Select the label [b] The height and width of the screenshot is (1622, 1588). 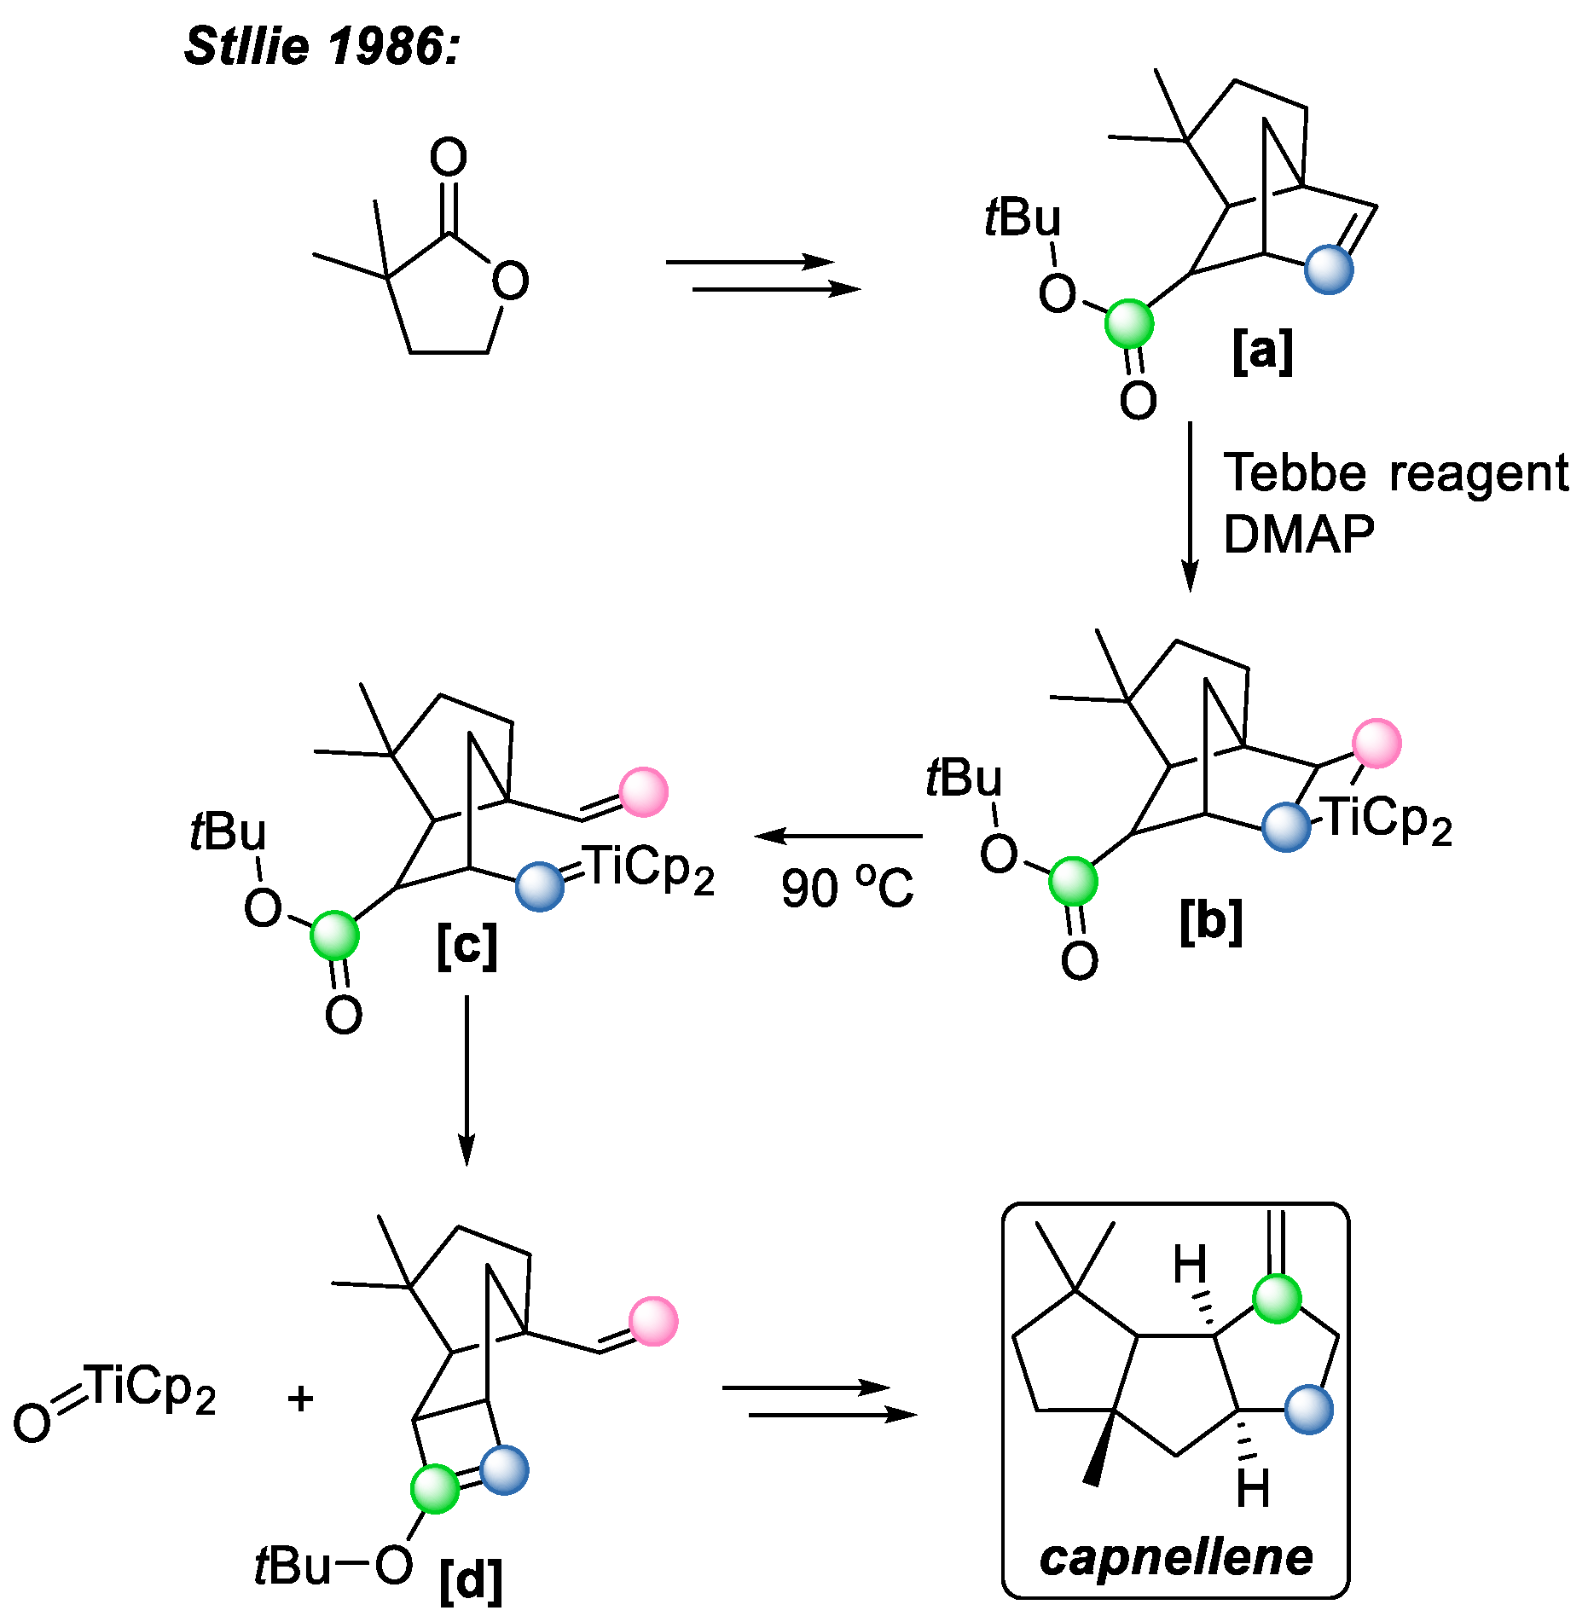point(1211,921)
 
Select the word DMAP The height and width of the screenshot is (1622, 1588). point(1298,535)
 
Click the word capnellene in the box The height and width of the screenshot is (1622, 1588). point(1176,1558)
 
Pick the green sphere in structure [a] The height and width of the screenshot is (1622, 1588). point(1129,323)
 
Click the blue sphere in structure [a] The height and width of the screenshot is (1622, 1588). point(1329,269)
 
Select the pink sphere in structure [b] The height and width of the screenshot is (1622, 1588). point(1376,743)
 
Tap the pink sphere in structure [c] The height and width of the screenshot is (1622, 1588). point(643,792)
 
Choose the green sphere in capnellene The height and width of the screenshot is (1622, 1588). point(1277,1299)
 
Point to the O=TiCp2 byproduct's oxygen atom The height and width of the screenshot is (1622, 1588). point(32,1422)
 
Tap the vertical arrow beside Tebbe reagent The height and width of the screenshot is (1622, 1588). point(1190,507)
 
